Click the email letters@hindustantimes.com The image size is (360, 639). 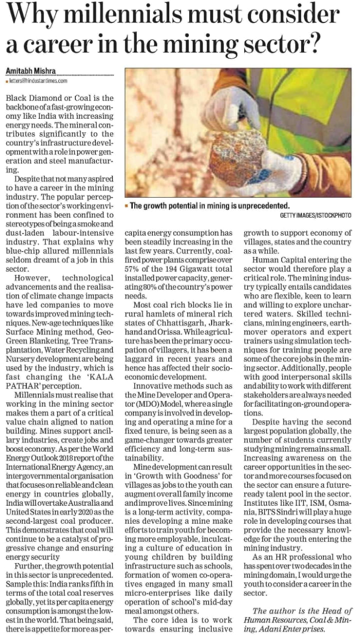pyautogui.click(x=38, y=80)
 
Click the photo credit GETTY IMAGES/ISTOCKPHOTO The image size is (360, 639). pyautogui.click(x=316, y=215)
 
